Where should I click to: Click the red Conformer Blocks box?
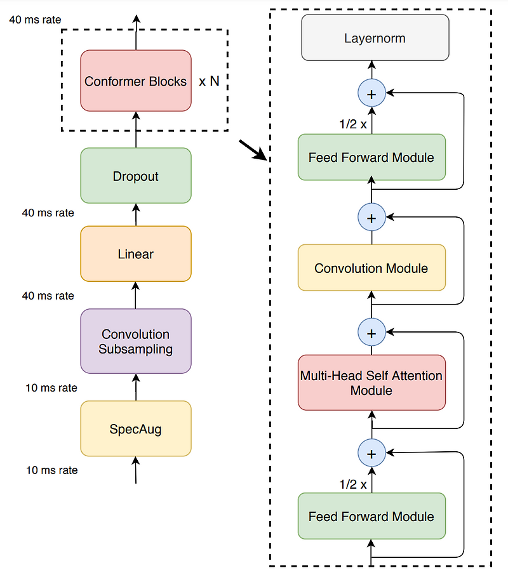pyautogui.click(x=135, y=81)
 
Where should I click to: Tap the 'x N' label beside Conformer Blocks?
pyautogui.click(x=209, y=82)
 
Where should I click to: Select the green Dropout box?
pyautogui.click(x=135, y=176)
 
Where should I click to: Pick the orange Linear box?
pyautogui.click(x=135, y=254)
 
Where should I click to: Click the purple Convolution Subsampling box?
pyautogui.click(x=135, y=341)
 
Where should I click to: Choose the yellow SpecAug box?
pyautogui.click(x=135, y=429)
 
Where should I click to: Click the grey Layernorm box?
pyautogui.click(x=375, y=38)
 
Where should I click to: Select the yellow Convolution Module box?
pyautogui.click(x=371, y=268)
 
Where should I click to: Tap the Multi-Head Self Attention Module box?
pyautogui.click(x=371, y=383)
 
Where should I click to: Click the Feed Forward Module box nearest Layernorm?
pyautogui.click(x=371, y=157)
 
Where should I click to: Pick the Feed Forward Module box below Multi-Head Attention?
pyautogui.click(x=371, y=516)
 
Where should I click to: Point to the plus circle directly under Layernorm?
pyautogui.click(x=372, y=94)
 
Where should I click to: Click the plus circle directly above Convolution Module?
pyautogui.click(x=372, y=218)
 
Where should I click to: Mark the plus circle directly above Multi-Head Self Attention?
pyautogui.click(x=372, y=332)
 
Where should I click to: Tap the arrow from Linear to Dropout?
pyautogui.click(x=135, y=215)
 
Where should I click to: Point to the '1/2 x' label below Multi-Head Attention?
pyautogui.click(x=353, y=484)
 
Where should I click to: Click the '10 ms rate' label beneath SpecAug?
pyautogui.click(x=52, y=470)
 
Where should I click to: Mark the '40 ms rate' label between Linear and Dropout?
pyautogui.click(x=48, y=213)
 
